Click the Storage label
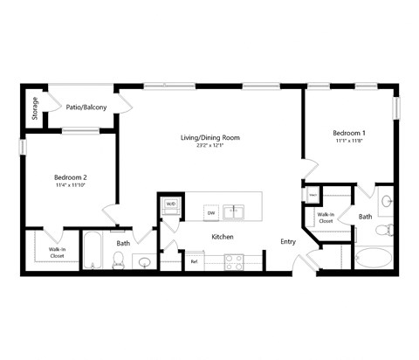click(x=35, y=107)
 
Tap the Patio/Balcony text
click(x=86, y=107)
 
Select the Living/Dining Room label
click(x=209, y=137)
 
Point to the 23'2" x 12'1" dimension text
click(x=209, y=146)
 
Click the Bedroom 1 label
click(x=349, y=132)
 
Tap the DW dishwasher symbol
click(x=210, y=211)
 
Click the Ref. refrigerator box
click(x=194, y=260)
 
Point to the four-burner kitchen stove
click(x=233, y=260)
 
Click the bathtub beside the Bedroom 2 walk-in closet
click(x=92, y=250)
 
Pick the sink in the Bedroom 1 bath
click(x=387, y=201)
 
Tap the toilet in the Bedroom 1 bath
click(x=382, y=231)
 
